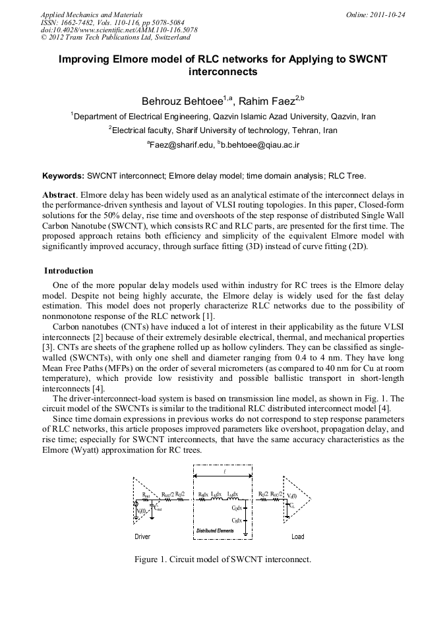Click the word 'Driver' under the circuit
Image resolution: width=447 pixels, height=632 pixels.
tap(142, 537)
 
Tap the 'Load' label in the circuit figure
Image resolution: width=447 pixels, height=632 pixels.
tap(298, 537)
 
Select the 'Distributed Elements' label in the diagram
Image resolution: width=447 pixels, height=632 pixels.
tap(216, 531)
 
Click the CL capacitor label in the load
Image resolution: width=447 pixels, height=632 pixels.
tap(291, 505)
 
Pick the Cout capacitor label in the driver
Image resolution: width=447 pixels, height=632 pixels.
tap(158, 509)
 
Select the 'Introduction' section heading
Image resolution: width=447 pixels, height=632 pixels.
tap(69, 271)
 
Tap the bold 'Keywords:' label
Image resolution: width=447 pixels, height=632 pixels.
tap(63, 176)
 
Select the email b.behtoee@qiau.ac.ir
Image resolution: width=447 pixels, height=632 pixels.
tap(261, 144)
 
